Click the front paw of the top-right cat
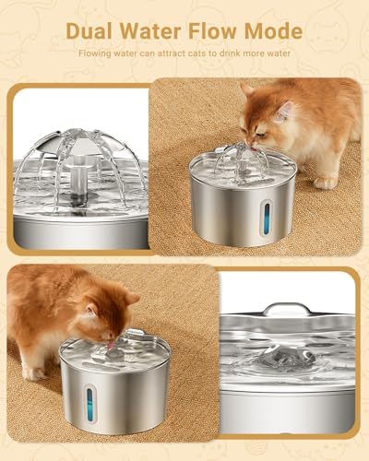click(x=325, y=183)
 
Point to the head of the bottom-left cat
click(x=101, y=313)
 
